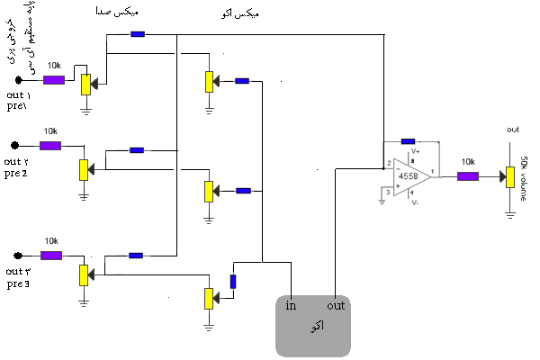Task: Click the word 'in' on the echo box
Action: [x=291, y=305]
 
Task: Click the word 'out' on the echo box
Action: [x=337, y=305]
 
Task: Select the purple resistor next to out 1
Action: [x=53, y=80]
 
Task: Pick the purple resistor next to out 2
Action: [x=50, y=145]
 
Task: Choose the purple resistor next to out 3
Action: [x=51, y=255]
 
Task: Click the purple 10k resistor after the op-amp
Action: [x=468, y=175]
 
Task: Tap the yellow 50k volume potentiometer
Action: [x=509, y=176]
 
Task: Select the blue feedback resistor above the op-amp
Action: [x=408, y=141]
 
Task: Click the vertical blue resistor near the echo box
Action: [x=232, y=281]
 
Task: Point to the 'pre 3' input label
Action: [x=17, y=283]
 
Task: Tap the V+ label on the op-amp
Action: [x=415, y=152]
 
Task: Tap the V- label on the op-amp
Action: [x=415, y=203]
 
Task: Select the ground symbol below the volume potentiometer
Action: [x=509, y=213]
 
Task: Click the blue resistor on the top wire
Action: [x=138, y=35]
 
